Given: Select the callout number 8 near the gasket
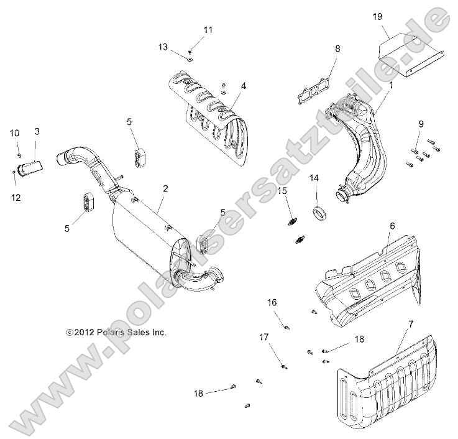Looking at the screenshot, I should pos(337,48).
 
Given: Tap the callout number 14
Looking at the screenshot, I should pos(314,178).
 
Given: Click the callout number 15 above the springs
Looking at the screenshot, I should pos(283,190).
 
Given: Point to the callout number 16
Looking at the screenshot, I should pos(272,302).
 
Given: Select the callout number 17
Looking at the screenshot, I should pos(264,337).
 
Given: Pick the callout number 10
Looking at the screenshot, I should pos(14,133).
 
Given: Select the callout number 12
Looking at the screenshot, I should pos(16,197).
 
